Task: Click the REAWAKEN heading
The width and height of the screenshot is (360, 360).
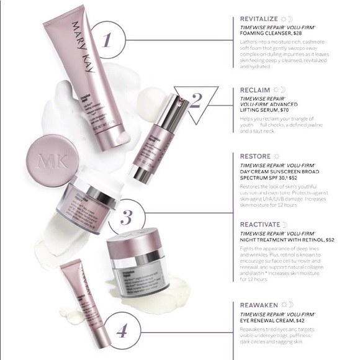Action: (x=260, y=305)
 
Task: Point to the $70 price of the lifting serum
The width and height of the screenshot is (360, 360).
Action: (x=281, y=109)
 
